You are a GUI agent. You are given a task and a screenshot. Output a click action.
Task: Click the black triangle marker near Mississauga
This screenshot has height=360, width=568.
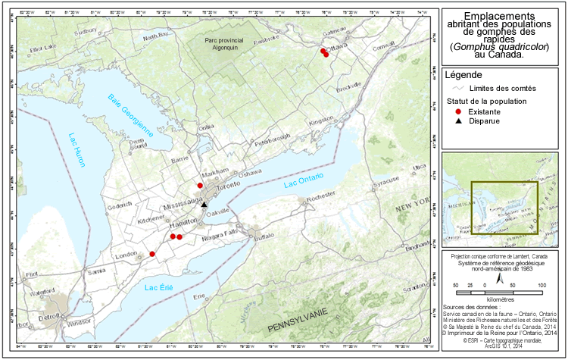coord(204,203)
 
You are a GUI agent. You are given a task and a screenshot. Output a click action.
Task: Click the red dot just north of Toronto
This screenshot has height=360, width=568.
coord(200,185)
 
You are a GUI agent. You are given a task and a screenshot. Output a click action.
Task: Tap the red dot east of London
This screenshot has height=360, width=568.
coord(152,254)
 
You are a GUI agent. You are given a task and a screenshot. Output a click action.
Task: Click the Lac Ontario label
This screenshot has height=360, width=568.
coord(303,180)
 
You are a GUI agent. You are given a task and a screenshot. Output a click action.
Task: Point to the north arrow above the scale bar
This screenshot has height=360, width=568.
coord(498,278)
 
